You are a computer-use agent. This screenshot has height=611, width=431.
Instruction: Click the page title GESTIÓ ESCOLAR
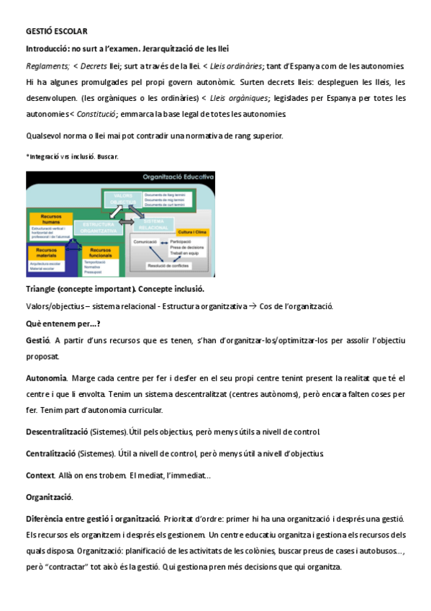click(57, 32)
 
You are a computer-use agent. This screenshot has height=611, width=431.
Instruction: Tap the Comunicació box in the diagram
click(145, 241)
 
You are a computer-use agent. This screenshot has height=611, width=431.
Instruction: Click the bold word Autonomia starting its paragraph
click(46, 378)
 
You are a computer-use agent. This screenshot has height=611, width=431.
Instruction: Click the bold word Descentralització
click(56, 432)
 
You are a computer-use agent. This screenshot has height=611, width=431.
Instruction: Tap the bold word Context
click(40, 475)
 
